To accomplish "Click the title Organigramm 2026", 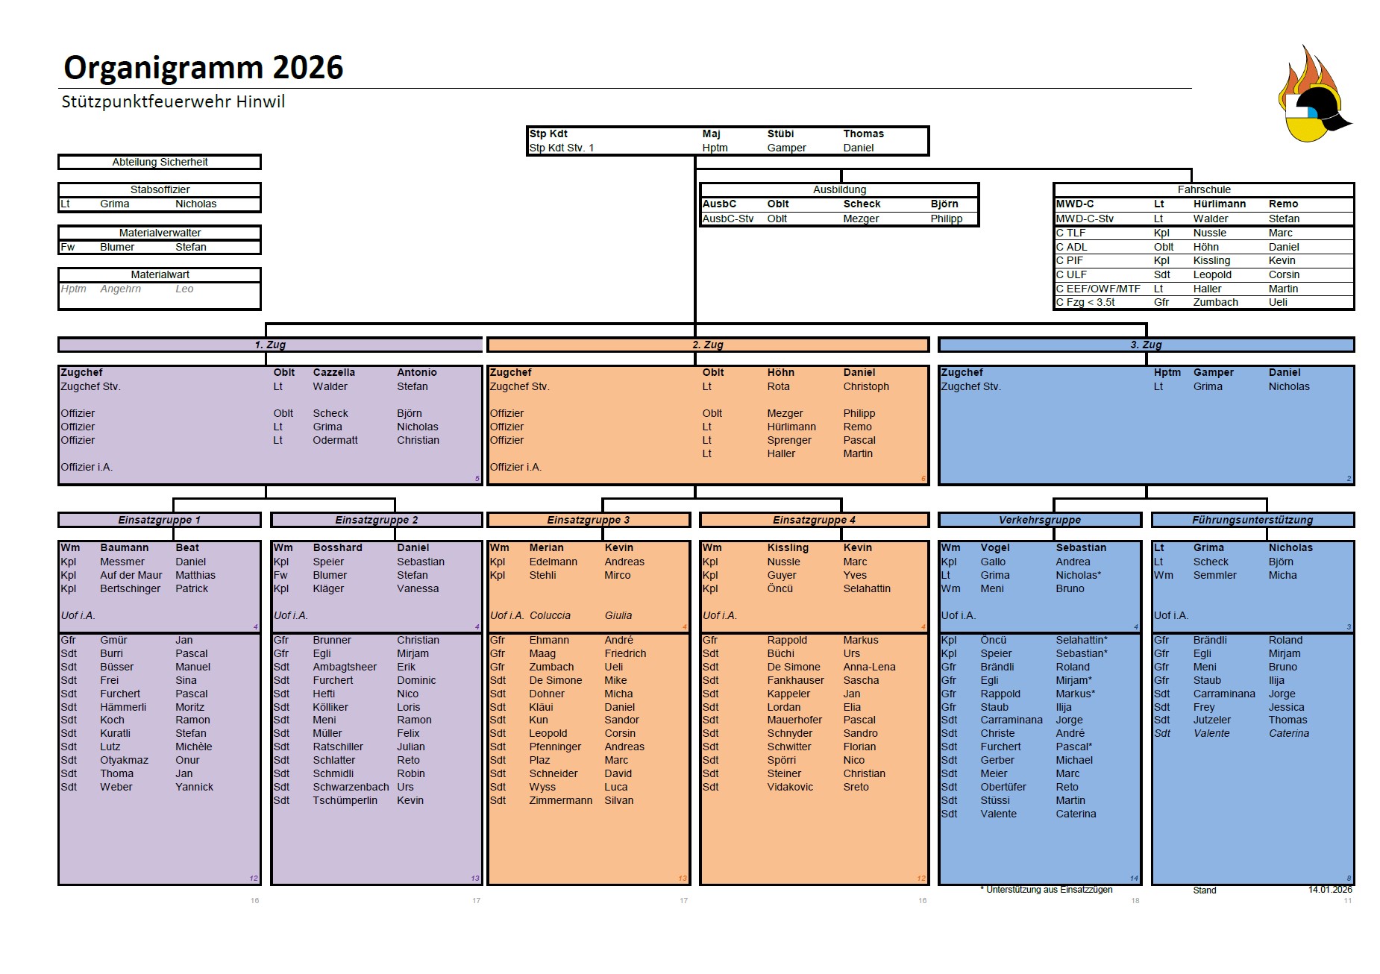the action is click(x=203, y=68).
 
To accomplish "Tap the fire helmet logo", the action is click(x=1314, y=94).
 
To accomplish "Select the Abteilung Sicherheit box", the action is click(x=160, y=162).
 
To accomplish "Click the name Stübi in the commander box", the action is click(x=780, y=133).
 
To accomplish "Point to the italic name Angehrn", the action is click(x=120, y=289).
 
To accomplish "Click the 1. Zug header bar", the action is click(x=269, y=345).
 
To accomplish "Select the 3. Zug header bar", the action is click(x=1146, y=345).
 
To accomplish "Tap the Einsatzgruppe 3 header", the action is click(x=589, y=520).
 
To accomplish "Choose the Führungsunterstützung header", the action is click(x=1252, y=520).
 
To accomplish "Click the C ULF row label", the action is click(x=1071, y=274).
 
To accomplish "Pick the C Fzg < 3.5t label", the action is click(x=1085, y=302).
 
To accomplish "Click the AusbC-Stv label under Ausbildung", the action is click(x=728, y=219).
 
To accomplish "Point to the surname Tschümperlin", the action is click(x=345, y=800).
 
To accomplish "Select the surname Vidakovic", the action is click(x=790, y=787).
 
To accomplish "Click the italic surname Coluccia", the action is click(x=550, y=615).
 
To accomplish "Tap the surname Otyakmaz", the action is click(x=124, y=760).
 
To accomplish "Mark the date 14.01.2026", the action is click(x=1330, y=890).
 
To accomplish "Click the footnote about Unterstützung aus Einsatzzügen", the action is click(x=1046, y=890).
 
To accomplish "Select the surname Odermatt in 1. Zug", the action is click(x=335, y=440).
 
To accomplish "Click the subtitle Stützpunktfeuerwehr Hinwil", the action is click(x=173, y=102).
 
